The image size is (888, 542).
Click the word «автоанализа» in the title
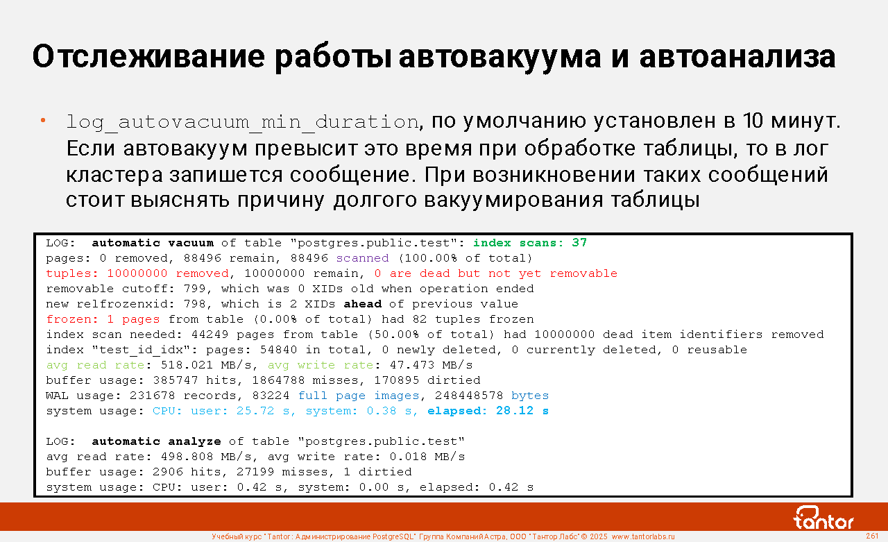pos(737,57)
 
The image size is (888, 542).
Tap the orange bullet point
pos(43,120)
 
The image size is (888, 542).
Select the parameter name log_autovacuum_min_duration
pos(242,121)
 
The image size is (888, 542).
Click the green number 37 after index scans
pos(579,243)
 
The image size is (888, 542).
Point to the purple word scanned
pos(362,258)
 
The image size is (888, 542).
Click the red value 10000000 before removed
pos(137,273)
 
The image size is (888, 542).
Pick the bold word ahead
pos(362,304)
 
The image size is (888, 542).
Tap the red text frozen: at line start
pos(72,319)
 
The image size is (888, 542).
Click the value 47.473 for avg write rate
pos(412,365)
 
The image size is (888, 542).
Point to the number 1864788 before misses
pos(278,380)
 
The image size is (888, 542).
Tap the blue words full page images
pos(359,396)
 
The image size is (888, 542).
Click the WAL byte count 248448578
pos(469,396)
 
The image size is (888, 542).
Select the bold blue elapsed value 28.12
pos(515,411)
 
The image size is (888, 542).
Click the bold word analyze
pos(194,441)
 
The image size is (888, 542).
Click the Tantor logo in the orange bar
pos(823,518)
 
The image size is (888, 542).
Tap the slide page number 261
pos(872,536)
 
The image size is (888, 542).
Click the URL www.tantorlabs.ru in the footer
pos(643,536)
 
